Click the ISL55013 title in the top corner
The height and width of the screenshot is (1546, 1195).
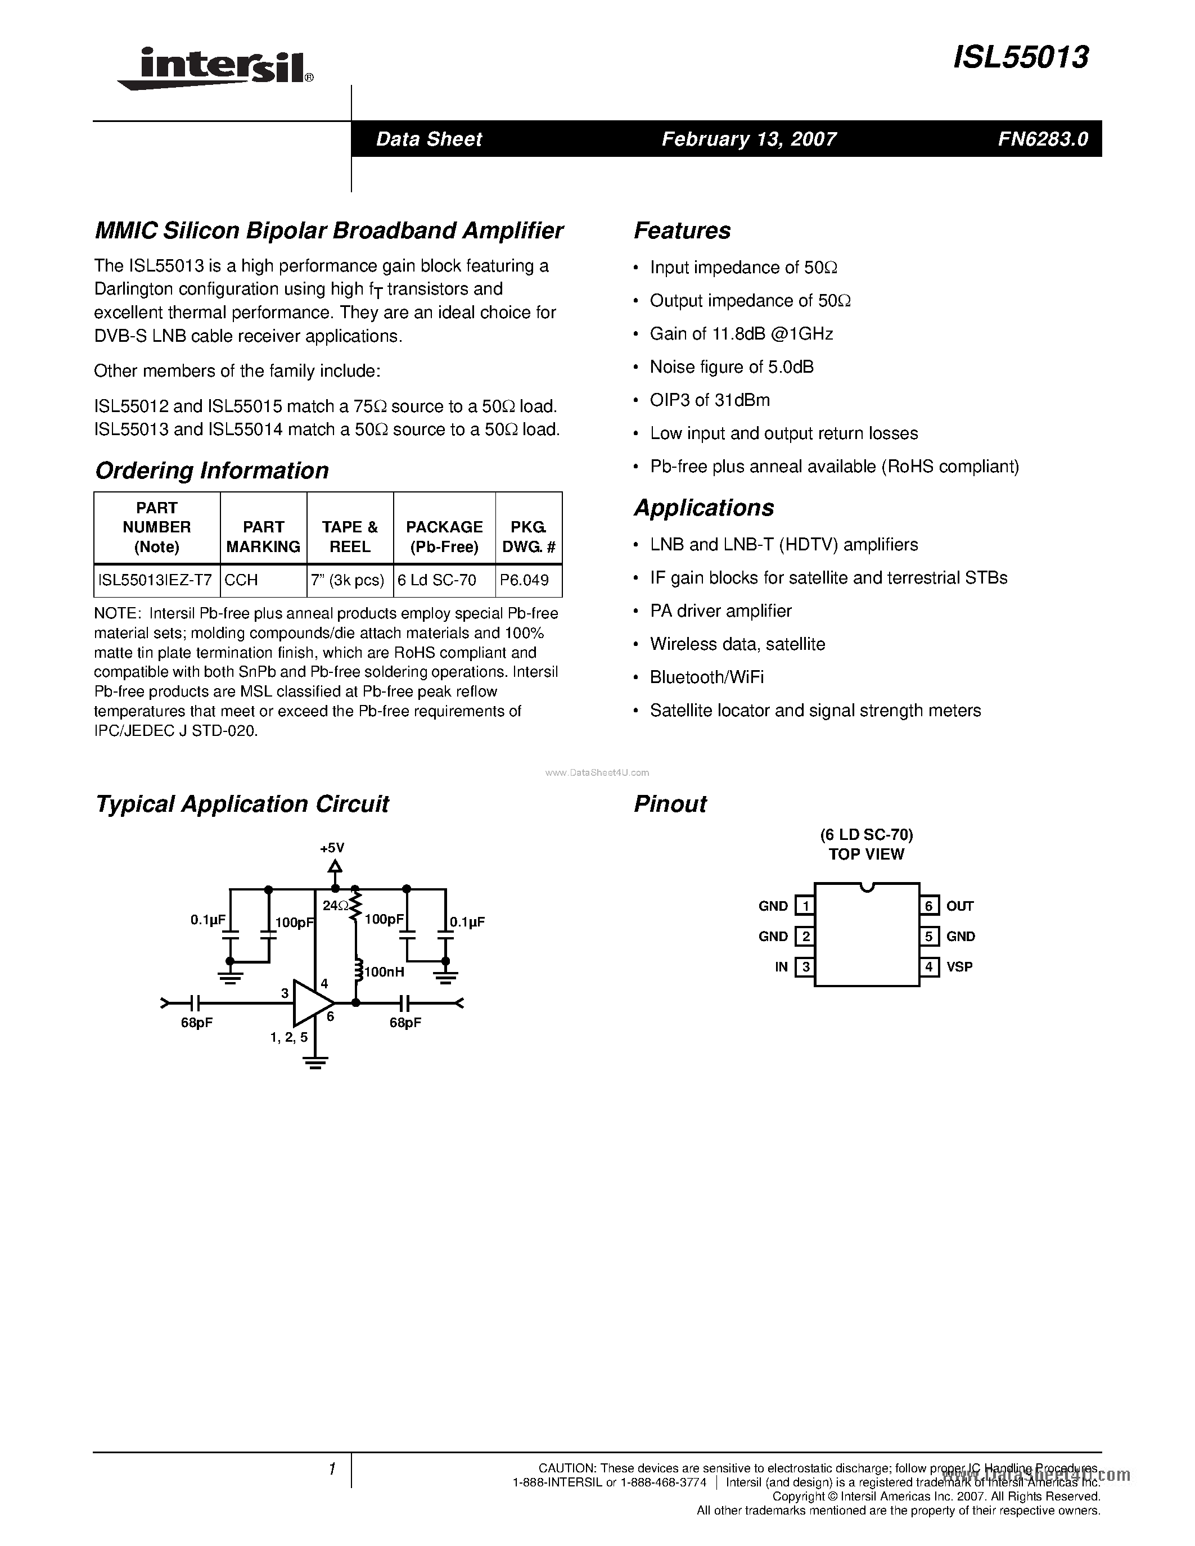coord(1020,57)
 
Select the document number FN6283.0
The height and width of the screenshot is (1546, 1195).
coord(1043,139)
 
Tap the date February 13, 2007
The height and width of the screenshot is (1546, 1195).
coord(749,139)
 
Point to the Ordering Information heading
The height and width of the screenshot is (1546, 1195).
coord(211,471)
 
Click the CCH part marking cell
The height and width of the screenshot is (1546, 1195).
coord(241,581)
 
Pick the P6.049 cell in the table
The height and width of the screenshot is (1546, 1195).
coord(524,581)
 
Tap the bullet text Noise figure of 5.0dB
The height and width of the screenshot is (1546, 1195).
coord(731,367)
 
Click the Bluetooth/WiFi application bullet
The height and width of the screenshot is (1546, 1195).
coord(706,677)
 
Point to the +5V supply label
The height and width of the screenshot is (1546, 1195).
coord(332,848)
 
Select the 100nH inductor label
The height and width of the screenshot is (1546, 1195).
coord(383,973)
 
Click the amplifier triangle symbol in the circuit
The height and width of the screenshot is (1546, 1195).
coord(311,1002)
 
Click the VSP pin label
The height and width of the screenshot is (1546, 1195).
coord(959,967)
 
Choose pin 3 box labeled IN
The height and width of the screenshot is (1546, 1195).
coord(804,967)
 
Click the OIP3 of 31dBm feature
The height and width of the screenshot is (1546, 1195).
coord(709,400)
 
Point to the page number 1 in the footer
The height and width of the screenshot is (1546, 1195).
coord(331,1470)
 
